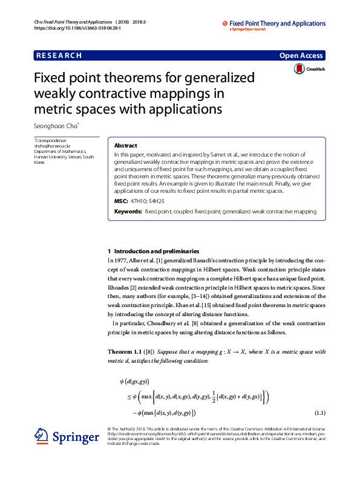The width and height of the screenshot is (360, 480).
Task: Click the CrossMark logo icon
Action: (299, 70)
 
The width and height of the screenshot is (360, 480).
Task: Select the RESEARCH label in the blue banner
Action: (59, 56)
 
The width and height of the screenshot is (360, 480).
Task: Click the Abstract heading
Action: (126, 146)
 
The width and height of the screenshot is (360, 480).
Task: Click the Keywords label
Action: (128, 212)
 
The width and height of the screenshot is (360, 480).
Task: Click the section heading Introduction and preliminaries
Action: (161, 250)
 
